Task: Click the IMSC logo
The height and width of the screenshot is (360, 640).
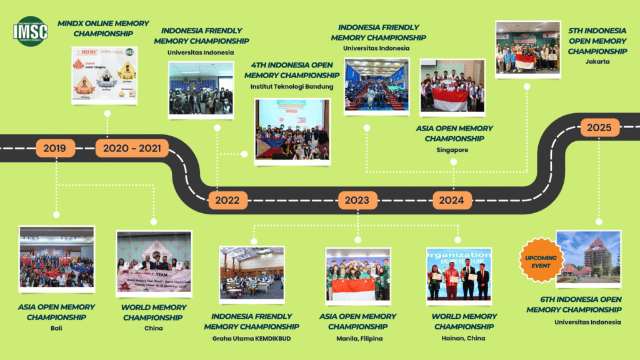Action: (31, 32)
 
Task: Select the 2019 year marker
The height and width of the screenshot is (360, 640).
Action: (55, 148)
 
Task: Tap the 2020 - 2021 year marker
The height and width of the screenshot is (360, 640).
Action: (132, 148)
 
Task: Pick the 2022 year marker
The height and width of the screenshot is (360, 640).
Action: (227, 201)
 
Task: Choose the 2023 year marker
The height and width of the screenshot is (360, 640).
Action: (357, 201)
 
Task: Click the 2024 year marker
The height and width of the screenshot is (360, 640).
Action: (452, 200)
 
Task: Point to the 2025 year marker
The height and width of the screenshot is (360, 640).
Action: (599, 128)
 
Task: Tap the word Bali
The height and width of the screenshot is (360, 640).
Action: (56, 327)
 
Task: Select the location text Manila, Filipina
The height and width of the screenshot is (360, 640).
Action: (357, 338)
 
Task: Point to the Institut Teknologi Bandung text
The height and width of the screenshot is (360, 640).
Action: (292, 86)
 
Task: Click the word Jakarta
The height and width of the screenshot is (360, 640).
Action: (597, 62)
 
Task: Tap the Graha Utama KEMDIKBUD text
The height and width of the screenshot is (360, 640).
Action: (251, 338)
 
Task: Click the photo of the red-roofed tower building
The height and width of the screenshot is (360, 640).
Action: (588, 253)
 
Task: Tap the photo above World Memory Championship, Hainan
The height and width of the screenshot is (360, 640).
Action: (458, 273)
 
